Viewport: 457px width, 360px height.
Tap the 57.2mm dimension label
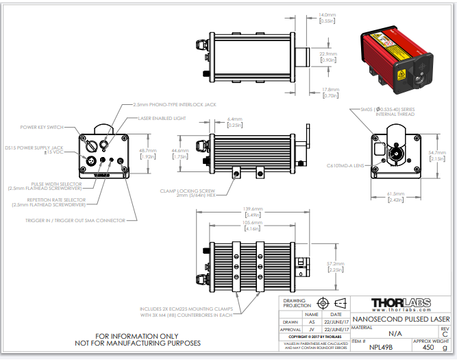(x=336, y=263)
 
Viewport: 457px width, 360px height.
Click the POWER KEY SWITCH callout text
(x=42, y=127)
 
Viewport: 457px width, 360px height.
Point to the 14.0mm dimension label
(x=328, y=14)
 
